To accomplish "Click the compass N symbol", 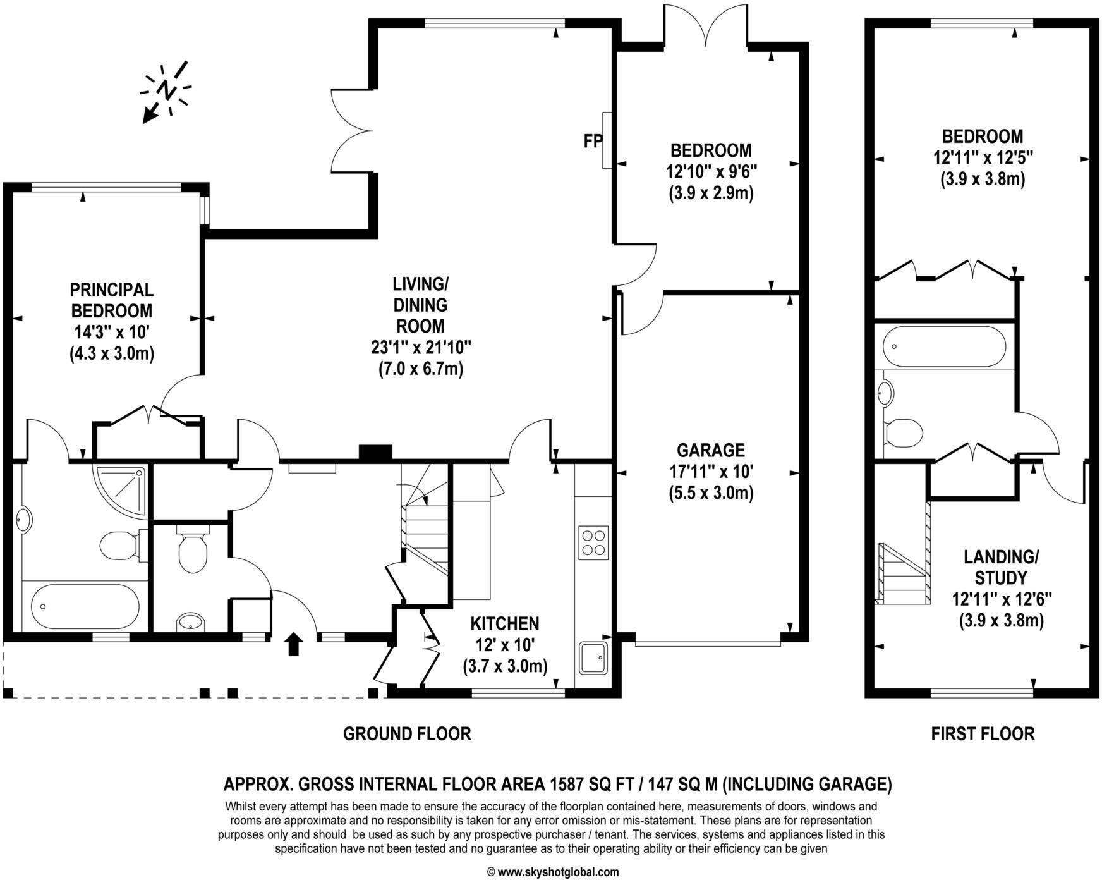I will click(x=166, y=90).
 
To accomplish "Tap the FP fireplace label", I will click(x=592, y=141).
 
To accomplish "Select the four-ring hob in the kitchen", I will click(x=593, y=542).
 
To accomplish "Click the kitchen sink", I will click(x=593, y=658).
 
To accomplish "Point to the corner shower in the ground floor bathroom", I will click(x=120, y=488).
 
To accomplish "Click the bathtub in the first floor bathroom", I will click(x=944, y=346).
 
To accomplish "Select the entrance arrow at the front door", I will click(x=293, y=644).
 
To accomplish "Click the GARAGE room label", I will click(x=711, y=450).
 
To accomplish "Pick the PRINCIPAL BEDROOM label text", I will click(x=111, y=300).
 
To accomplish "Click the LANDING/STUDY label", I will click(x=1001, y=567).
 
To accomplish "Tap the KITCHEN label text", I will click(x=505, y=624).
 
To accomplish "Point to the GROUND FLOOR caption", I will click(x=407, y=734).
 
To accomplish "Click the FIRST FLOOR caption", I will click(x=983, y=734).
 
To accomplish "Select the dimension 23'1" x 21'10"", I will click(x=421, y=347).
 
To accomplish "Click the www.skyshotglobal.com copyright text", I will click(x=554, y=872).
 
